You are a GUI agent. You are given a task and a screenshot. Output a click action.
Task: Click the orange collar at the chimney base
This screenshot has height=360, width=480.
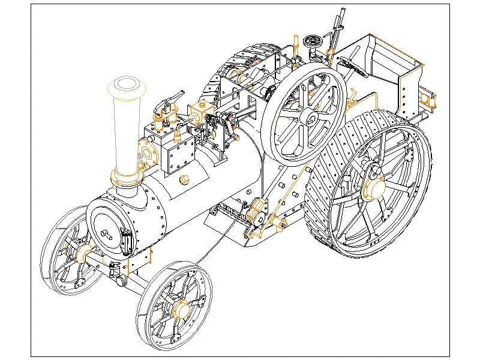pyautogui.click(x=127, y=177)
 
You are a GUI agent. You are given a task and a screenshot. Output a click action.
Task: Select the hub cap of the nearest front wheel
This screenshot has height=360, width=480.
pyautogui.click(x=179, y=310)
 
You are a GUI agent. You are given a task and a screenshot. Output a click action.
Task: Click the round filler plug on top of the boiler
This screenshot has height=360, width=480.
pyautogui.click(x=184, y=179)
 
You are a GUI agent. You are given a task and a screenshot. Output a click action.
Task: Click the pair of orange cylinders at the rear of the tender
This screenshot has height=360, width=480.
pyautogui.click(x=430, y=99)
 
